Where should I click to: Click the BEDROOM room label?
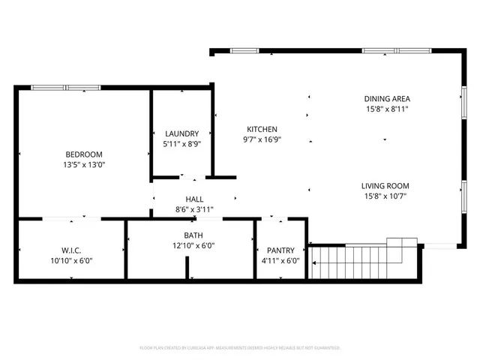tap(83, 154)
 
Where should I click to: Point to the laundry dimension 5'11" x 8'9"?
tap(182, 143)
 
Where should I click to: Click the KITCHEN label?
tap(259, 129)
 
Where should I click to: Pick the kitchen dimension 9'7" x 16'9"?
tap(259, 139)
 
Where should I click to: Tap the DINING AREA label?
tap(387, 98)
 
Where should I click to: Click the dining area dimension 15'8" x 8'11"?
tap(387, 109)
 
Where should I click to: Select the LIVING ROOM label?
tap(385, 186)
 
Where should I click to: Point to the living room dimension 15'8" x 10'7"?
tap(385, 196)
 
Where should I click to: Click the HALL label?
tap(194, 199)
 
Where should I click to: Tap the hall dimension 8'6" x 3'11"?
tap(194, 209)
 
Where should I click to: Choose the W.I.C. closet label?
tap(72, 250)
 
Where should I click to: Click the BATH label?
tap(193, 235)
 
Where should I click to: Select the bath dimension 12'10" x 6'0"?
tap(193, 246)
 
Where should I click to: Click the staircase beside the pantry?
tap(361, 263)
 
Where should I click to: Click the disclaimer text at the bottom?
tap(240, 348)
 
